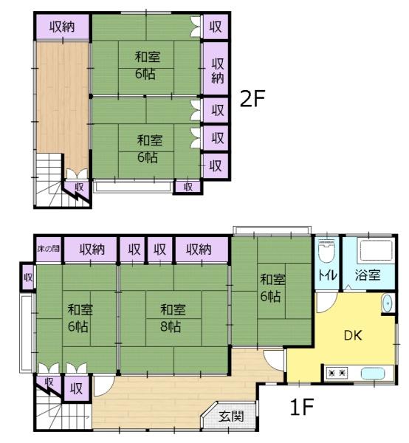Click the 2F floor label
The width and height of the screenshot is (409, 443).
pyautogui.click(x=252, y=99)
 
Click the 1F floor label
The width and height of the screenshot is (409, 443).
pyautogui.click(x=302, y=407)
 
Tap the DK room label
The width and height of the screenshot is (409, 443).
pyautogui.click(x=353, y=335)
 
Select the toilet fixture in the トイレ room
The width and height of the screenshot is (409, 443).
pyautogui.click(x=326, y=251)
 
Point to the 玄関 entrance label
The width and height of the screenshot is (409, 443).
pyautogui.click(x=231, y=416)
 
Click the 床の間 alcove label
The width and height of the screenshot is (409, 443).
pyautogui.click(x=49, y=249)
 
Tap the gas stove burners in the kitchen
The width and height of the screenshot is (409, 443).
pyautogui.click(x=337, y=373)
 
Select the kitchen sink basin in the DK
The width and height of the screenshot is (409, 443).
pyautogui.click(x=373, y=374)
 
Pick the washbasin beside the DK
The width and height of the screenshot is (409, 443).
pyautogui.click(x=388, y=303)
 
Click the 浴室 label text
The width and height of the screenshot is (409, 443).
pyautogui.click(x=368, y=275)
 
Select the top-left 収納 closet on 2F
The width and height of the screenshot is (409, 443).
pyautogui.click(x=63, y=27)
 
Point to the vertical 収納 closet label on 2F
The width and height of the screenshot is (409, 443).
pyautogui.click(x=218, y=71)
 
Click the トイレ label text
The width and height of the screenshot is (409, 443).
pyautogui.click(x=328, y=275)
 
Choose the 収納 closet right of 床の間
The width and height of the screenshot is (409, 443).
pyautogui.click(x=91, y=250)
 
